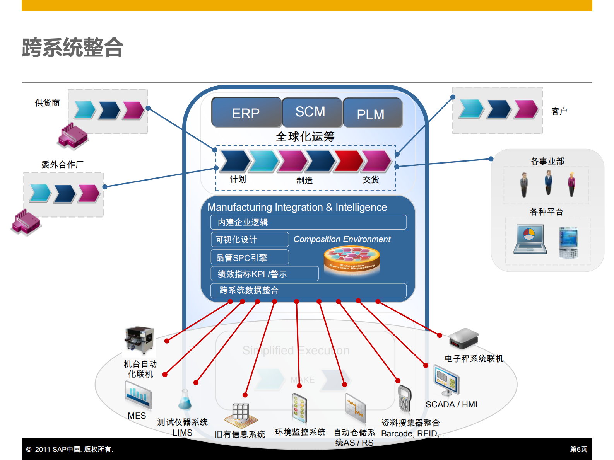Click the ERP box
pyautogui.click(x=246, y=112)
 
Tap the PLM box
pyautogui.click(x=372, y=113)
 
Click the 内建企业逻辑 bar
pyautogui.click(x=308, y=222)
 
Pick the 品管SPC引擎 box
pyautogui.click(x=250, y=257)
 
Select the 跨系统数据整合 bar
pyautogui.click(x=308, y=290)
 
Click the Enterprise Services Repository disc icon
pyautogui.click(x=351, y=259)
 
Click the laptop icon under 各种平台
pyautogui.click(x=530, y=239)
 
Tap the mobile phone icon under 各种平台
pyautogui.click(x=568, y=242)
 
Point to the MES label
pyautogui.click(x=137, y=416)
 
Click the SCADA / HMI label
pyautogui.click(x=451, y=404)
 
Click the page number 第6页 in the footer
pyautogui.click(x=578, y=449)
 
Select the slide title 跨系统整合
pyautogui.click(x=72, y=48)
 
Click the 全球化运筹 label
pyautogui.click(x=305, y=136)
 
